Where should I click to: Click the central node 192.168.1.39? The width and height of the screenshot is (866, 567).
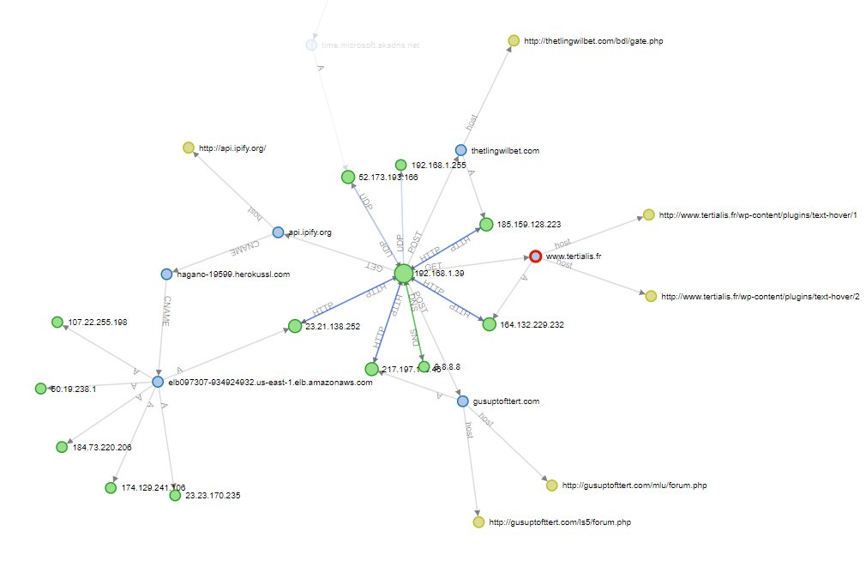[x=404, y=274]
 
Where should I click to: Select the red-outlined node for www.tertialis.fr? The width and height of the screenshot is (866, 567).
[x=535, y=256]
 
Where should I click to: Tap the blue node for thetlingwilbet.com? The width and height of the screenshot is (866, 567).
[x=461, y=150]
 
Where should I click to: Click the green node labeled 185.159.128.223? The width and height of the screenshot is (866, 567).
[x=487, y=224]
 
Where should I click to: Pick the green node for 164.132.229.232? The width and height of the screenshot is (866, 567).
[x=489, y=324]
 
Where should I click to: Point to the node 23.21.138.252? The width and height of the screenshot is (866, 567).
[x=295, y=326]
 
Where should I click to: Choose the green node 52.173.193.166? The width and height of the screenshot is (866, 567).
[x=348, y=177]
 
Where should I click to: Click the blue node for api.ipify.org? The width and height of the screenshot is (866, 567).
[x=278, y=232]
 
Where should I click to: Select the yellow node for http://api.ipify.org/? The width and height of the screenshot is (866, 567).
[x=189, y=148]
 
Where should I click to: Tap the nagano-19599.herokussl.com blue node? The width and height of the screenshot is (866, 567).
[x=166, y=274]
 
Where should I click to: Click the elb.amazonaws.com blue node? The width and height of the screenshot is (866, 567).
[x=158, y=382]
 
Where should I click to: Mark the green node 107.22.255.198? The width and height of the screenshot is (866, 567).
[x=57, y=323]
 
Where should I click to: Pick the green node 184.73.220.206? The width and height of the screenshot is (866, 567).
[x=62, y=447]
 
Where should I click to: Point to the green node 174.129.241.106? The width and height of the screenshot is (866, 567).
[x=111, y=487]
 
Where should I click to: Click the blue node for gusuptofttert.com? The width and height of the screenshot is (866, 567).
[x=463, y=401]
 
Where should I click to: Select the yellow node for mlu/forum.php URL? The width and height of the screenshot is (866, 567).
[x=551, y=486]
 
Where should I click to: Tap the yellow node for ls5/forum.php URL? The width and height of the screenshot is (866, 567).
[x=478, y=522]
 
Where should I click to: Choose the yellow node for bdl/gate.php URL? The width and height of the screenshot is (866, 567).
[x=514, y=39]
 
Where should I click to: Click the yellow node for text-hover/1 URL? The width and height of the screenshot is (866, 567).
[x=648, y=214]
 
